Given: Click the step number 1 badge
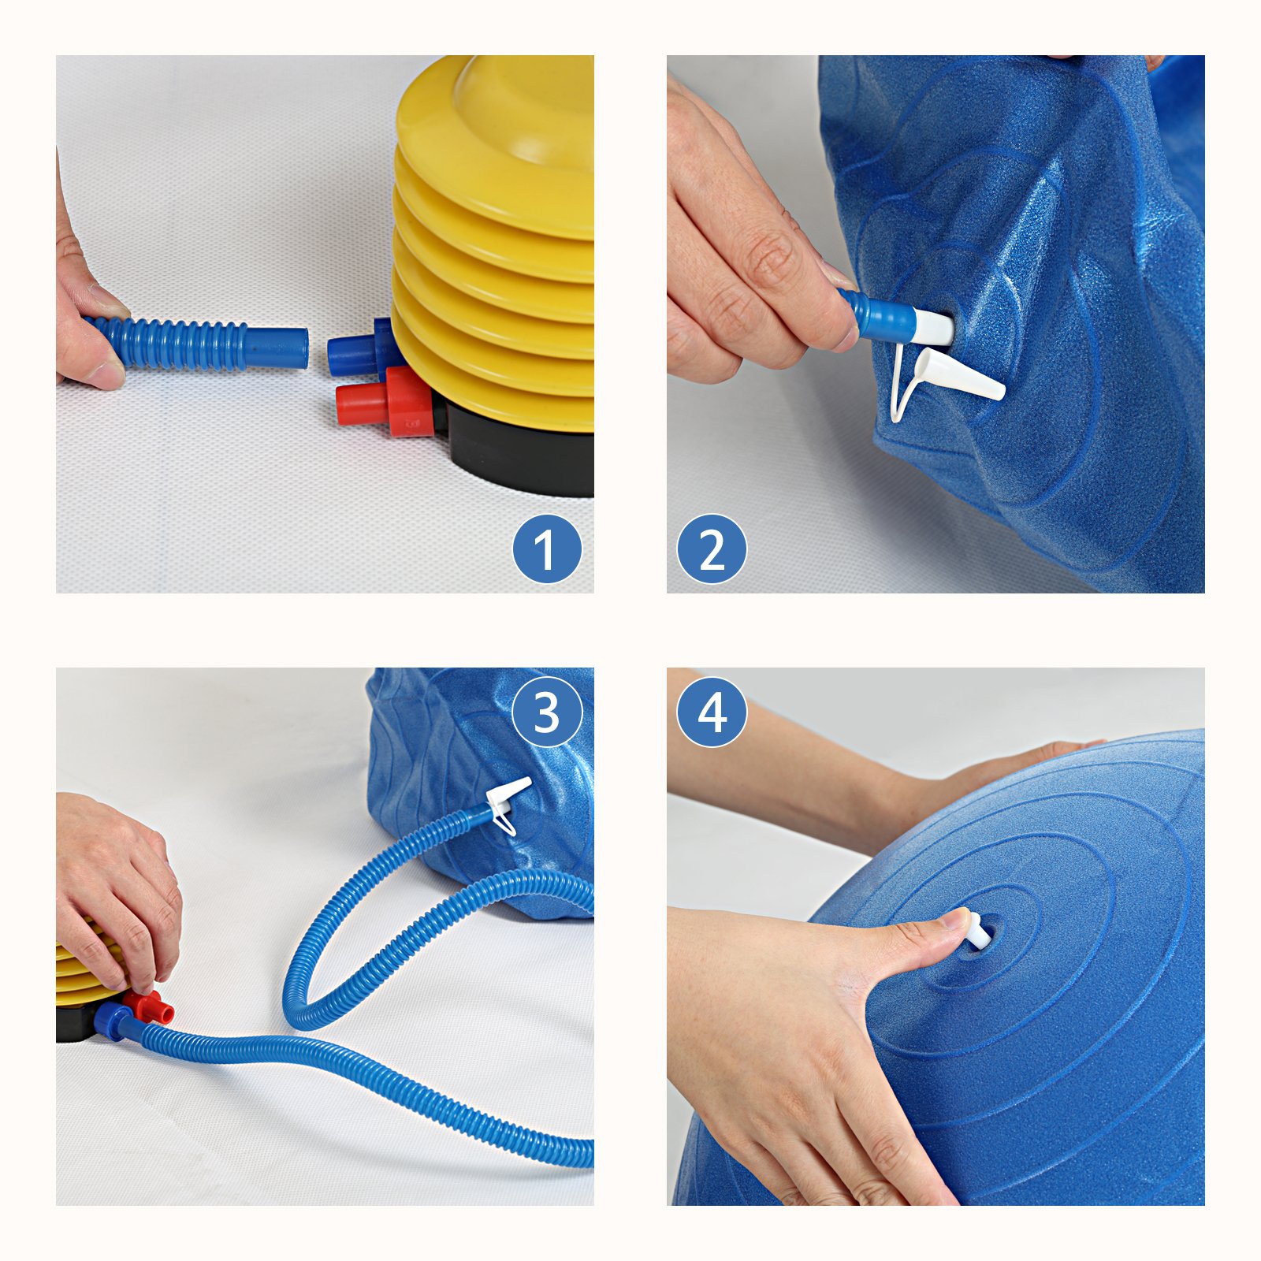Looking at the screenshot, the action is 547,549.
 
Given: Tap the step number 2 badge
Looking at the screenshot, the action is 712,549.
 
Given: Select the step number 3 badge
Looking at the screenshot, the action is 547,712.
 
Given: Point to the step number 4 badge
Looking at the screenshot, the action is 712,712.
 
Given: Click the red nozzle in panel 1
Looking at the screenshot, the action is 385,402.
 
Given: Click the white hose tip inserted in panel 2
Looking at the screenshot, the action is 934,326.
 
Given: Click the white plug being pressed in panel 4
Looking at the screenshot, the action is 976,932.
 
